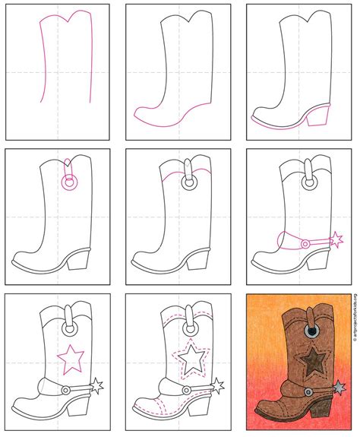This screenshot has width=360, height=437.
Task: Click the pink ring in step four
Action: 70,183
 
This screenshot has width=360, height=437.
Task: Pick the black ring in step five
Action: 188,182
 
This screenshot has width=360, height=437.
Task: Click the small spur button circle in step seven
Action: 66,389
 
